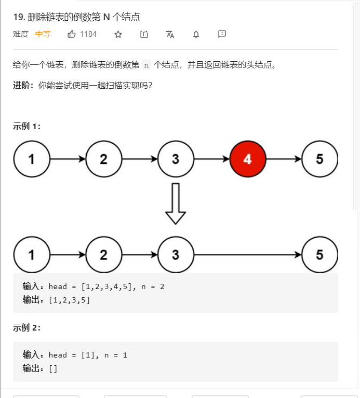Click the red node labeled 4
[x=248, y=159]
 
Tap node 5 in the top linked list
[x=319, y=159]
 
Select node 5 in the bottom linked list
[x=319, y=254]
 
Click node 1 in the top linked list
[x=32, y=159]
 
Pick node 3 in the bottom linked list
[x=176, y=254]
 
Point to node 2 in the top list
[x=104, y=159]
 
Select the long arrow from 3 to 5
[x=247, y=254]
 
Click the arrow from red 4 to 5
[x=284, y=159]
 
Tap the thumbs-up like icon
[x=72, y=34]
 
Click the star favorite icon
[x=118, y=34]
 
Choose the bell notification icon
[x=196, y=34]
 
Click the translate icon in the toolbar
[x=170, y=34]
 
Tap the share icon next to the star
[x=144, y=34]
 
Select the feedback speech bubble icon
[x=222, y=34]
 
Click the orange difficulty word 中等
[x=43, y=34]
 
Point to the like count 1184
[x=88, y=34]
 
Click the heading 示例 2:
[x=26, y=328]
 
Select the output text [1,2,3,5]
[x=69, y=300]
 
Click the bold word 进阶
[x=23, y=85]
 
